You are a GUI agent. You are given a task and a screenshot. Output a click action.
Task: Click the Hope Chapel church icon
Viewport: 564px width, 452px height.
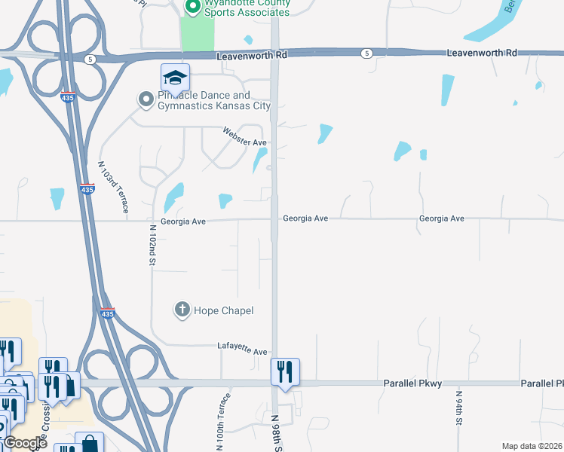(182, 309)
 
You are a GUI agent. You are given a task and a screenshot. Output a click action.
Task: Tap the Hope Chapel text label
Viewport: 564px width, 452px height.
(224, 310)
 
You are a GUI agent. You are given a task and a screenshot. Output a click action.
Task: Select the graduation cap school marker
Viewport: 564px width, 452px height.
(175, 78)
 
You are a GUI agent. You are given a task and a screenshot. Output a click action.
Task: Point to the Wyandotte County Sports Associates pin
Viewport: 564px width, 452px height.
(192, 7)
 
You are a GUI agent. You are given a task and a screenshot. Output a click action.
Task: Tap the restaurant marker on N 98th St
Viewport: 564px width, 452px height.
(285, 371)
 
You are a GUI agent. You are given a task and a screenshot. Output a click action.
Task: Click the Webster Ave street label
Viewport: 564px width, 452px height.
(245, 137)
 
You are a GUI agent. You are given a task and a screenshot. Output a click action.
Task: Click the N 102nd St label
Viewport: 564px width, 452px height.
(152, 245)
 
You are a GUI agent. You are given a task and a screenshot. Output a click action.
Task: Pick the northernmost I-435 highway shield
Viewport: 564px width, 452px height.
(69, 98)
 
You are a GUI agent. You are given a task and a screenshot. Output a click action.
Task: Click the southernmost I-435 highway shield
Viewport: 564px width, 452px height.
(108, 313)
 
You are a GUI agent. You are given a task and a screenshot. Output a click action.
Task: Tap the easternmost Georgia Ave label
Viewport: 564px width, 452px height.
(441, 218)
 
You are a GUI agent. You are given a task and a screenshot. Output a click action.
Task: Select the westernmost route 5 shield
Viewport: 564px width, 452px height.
(90, 58)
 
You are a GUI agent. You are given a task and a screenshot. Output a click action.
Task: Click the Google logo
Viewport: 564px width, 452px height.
(25, 443)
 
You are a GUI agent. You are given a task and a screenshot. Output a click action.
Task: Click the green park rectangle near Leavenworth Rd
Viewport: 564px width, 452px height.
(197, 35)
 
